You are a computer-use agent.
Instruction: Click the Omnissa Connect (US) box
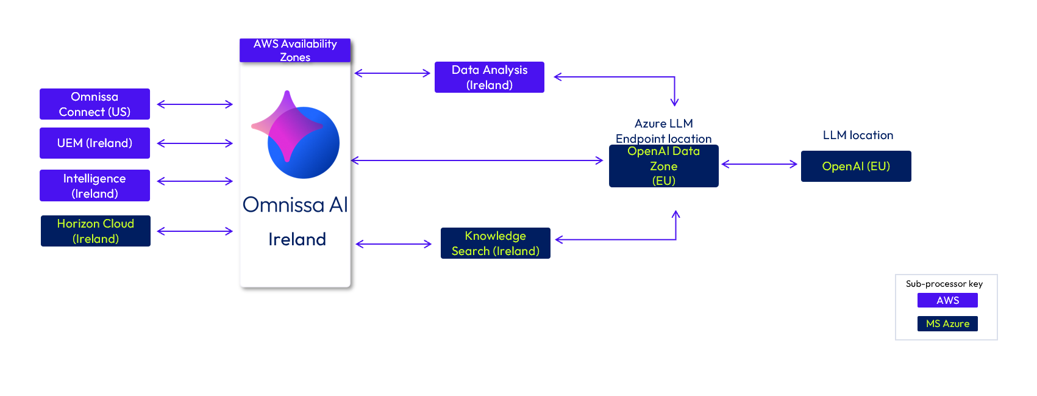[x=94, y=104]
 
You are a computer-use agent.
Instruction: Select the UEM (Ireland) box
[x=94, y=143]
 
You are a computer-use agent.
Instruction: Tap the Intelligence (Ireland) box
[x=94, y=185]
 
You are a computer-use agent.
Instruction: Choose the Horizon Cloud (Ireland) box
[x=96, y=231]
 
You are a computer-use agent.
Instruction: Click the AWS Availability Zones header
[x=295, y=51]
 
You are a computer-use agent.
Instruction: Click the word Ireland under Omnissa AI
[x=297, y=239]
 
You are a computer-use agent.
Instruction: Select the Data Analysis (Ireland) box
[x=490, y=77]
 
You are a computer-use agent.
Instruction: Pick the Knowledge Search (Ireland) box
[x=496, y=243]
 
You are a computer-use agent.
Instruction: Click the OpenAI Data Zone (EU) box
[x=664, y=166]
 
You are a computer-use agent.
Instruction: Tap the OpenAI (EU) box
[x=856, y=167]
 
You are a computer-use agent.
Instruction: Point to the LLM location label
[x=858, y=135]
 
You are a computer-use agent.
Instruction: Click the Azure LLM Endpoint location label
[x=663, y=131]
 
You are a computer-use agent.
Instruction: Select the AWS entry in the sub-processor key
[x=947, y=300]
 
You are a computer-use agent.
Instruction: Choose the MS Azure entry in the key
[x=947, y=323]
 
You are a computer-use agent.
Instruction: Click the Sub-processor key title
[x=944, y=284]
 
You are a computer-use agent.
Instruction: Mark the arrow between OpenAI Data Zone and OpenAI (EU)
[x=760, y=164]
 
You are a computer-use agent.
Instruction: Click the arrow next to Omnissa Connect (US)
[x=195, y=104]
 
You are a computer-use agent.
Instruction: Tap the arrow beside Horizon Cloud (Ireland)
[x=195, y=231]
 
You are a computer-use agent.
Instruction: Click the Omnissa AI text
[x=295, y=205]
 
